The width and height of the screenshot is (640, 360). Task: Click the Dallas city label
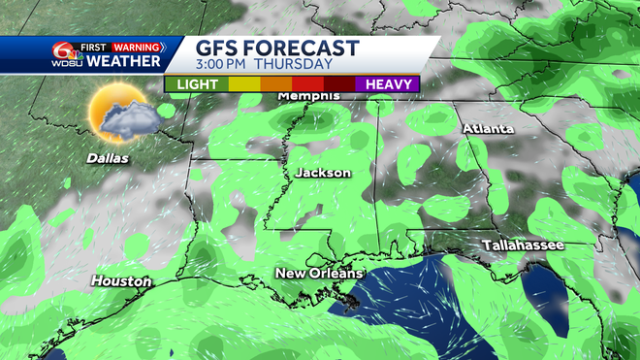click(x=107, y=157)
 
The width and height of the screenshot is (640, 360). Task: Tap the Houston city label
click(x=121, y=281)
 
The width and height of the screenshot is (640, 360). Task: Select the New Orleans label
click(x=319, y=274)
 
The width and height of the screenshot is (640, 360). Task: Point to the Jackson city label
click(x=323, y=173)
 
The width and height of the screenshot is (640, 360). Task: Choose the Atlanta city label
click(x=488, y=129)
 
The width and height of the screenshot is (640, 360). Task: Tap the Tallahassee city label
click(x=524, y=245)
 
